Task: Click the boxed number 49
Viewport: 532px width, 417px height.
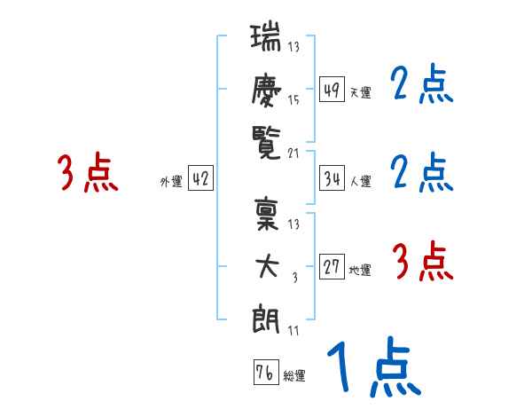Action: point(332,89)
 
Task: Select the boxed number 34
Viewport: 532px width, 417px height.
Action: point(332,178)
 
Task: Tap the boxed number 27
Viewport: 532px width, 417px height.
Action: point(332,267)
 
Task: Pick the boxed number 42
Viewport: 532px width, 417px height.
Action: point(201,178)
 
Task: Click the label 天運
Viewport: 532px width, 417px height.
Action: point(360,92)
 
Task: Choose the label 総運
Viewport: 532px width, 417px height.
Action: point(294,375)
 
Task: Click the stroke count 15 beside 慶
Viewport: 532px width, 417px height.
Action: point(293,99)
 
